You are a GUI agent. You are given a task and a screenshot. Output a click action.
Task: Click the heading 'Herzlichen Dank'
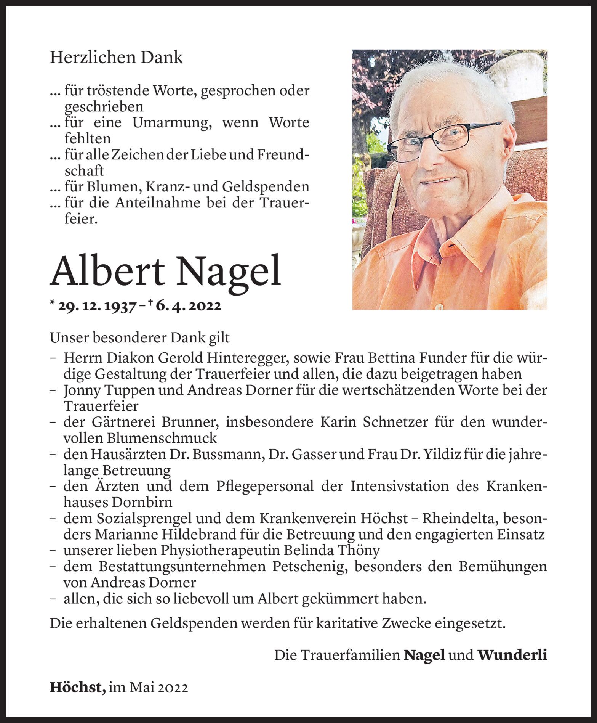(x=116, y=58)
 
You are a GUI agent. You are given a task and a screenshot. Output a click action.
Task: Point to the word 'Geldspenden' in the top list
(x=266, y=187)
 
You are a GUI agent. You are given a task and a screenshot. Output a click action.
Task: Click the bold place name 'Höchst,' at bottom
(x=78, y=688)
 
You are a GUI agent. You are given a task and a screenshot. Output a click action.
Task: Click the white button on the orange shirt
(x=439, y=306)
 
